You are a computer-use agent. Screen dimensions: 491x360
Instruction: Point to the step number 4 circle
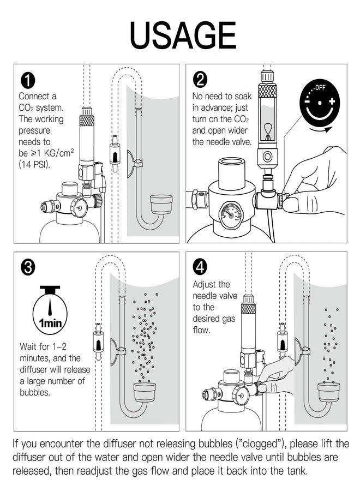(200, 267)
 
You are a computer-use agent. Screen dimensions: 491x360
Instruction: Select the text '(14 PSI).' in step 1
(34, 164)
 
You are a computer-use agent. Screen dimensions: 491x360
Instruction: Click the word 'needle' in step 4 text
(206, 296)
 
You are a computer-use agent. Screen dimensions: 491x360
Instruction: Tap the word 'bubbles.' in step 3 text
(35, 392)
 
